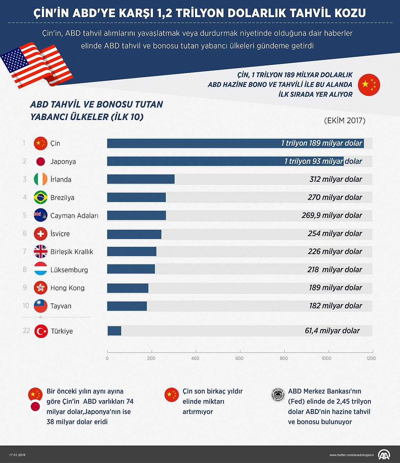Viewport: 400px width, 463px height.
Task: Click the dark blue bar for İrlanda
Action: pyautogui.click(x=141, y=179)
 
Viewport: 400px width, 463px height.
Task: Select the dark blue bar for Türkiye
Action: pyautogui.click(x=114, y=331)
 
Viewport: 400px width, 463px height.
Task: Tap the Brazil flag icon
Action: pyautogui.click(x=41, y=197)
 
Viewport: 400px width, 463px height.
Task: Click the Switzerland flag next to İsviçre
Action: pyautogui.click(x=41, y=234)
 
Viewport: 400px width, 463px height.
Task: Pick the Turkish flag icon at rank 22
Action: pyautogui.click(x=41, y=331)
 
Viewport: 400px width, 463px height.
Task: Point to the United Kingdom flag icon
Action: pyautogui.click(x=41, y=252)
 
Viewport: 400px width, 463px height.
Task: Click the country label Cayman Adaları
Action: pyautogui.click(x=74, y=215)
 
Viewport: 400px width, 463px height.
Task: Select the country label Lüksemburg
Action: pyautogui.click(x=69, y=270)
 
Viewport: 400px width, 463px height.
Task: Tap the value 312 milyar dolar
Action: pyautogui.click(x=336, y=179)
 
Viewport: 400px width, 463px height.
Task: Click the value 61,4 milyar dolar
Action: pyautogui.click(x=332, y=331)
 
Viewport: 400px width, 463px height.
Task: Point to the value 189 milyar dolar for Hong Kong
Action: pyautogui.click(x=336, y=288)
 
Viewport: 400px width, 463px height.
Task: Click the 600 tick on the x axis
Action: pyautogui.click(x=239, y=358)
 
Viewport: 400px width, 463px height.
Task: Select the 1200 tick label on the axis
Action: pyautogui.click(x=371, y=358)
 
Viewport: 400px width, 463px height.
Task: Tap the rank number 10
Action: pyautogui.click(x=26, y=306)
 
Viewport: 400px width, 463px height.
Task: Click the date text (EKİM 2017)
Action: pyautogui.click(x=345, y=120)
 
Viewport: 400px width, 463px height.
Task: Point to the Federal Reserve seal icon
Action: pyautogui.click(x=278, y=395)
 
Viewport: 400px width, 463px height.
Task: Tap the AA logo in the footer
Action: pyautogui.click(x=384, y=454)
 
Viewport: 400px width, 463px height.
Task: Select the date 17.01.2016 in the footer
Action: pyautogui.click(x=17, y=455)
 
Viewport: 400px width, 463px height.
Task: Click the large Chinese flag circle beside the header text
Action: pyautogui.click(x=369, y=85)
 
